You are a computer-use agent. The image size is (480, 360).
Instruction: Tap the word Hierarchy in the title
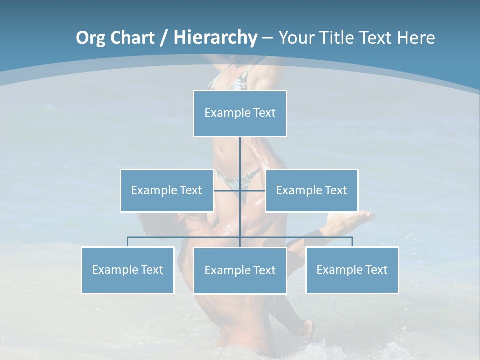[215, 38]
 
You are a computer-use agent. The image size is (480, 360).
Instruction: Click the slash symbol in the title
[163, 38]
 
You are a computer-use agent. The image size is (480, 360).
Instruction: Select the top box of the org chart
[240, 113]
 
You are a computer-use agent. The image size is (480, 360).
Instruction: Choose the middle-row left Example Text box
[167, 190]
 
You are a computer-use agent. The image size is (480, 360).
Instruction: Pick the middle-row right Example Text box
[311, 190]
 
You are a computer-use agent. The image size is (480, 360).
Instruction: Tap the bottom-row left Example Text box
[128, 270]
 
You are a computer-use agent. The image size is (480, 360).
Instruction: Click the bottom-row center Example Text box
[240, 270]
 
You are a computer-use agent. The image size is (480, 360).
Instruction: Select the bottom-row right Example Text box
[352, 270]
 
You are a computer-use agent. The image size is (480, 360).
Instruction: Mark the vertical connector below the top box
[240, 152]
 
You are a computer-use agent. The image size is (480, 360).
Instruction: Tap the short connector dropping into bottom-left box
[128, 242]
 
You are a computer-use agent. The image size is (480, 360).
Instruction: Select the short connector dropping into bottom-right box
[352, 242]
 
